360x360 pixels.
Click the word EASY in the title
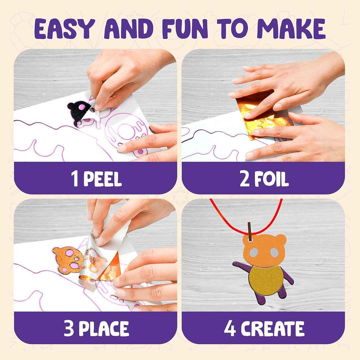tap(65, 28)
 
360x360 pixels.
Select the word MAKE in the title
tap(291, 28)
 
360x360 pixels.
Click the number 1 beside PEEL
tap(75, 179)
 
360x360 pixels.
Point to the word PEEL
tap(102, 179)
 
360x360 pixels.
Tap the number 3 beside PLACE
tap(69, 329)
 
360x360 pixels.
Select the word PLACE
tap(104, 329)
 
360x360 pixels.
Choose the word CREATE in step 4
tap(272, 329)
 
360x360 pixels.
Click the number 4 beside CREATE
tap(230, 329)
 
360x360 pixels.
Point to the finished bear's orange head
tap(264, 250)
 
